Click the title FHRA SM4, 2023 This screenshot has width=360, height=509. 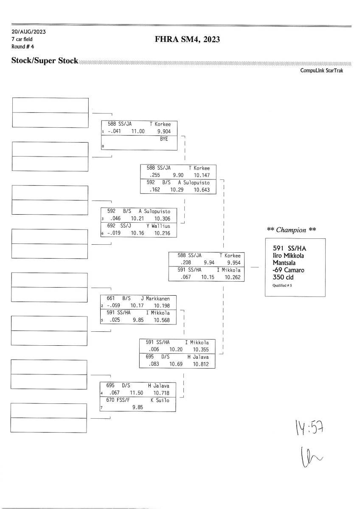pyautogui.click(x=188, y=40)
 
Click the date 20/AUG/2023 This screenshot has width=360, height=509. pyautogui.click(x=29, y=32)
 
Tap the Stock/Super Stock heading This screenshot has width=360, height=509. pyautogui.click(x=45, y=61)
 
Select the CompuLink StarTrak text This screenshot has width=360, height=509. pyautogui.click(x=321, y=70)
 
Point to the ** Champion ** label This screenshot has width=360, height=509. pyautogui.click(x=291, y=230)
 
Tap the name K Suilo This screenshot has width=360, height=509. pyautogui.click(x=160, y=400)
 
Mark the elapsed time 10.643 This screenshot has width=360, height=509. pyautogui.click(x=202, y=190)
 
